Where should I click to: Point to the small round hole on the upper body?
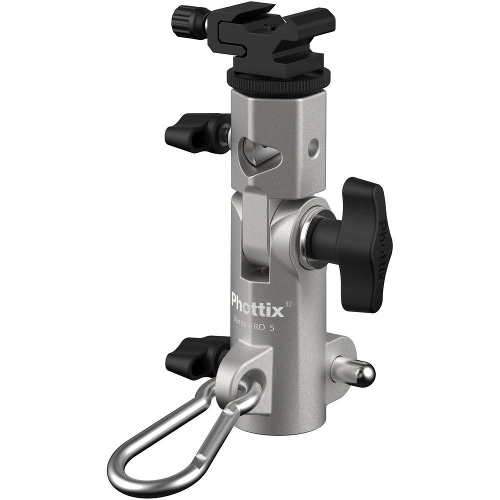click(313, 146)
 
